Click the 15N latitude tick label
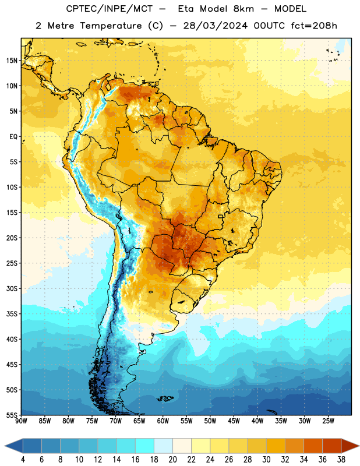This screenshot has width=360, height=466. coord(12,61)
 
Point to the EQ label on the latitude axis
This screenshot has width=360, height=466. coord(13,137)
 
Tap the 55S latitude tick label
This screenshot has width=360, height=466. coord(12,415)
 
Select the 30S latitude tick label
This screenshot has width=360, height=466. coord(12,288)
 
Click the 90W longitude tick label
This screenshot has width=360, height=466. coord(21,421)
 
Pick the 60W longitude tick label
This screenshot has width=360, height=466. coord(163,421)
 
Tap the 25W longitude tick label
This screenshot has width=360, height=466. coord(328,421)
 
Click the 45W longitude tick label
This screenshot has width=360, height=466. coord(234,421)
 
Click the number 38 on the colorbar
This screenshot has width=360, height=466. coord(341,460)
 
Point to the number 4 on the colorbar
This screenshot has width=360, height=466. coord(23,460)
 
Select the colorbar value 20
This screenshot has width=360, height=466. coord(172,460)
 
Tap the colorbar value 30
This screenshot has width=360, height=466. coord(266,460)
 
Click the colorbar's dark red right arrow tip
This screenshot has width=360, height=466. coord(359,446)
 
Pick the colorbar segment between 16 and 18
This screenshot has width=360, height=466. coord(144,446)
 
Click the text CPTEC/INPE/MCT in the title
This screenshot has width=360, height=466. coord(109,9)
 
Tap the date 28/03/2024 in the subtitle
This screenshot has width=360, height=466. coord(215,26)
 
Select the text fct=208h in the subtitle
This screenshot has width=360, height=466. coord(314,26)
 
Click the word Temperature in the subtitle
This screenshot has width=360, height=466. coord(111,26)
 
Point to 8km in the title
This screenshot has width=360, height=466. coord(243,9)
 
